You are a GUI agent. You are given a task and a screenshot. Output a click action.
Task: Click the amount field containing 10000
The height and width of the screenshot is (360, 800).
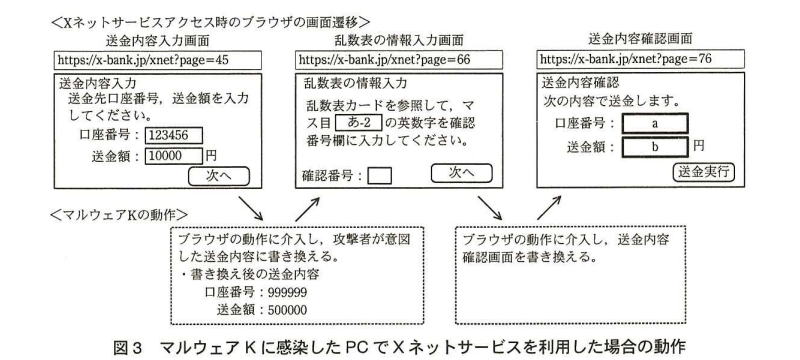tap(173, 156)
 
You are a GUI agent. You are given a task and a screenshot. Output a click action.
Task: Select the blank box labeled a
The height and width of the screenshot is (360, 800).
tap(654, 124)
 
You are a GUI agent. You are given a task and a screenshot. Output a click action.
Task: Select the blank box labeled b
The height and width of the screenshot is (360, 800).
tap(654, 147)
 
